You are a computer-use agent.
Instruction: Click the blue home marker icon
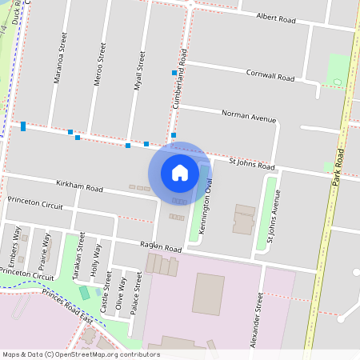[x=180, y=172]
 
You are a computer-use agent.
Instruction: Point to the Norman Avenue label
[x=249, y=118]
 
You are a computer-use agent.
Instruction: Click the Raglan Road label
[x=161, y=250]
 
